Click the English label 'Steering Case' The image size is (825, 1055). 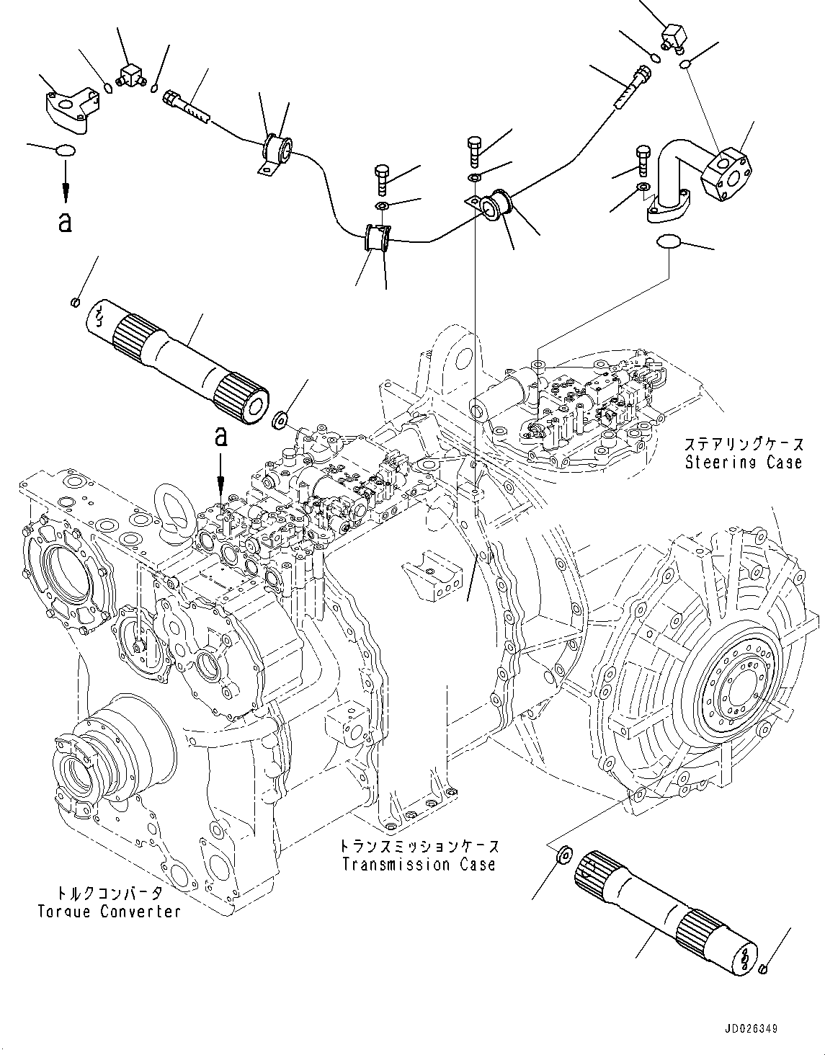(743, 462)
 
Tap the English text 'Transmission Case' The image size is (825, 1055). (419, 864)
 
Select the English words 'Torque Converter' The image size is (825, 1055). (109, 912)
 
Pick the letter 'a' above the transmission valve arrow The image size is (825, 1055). (221, 437)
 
